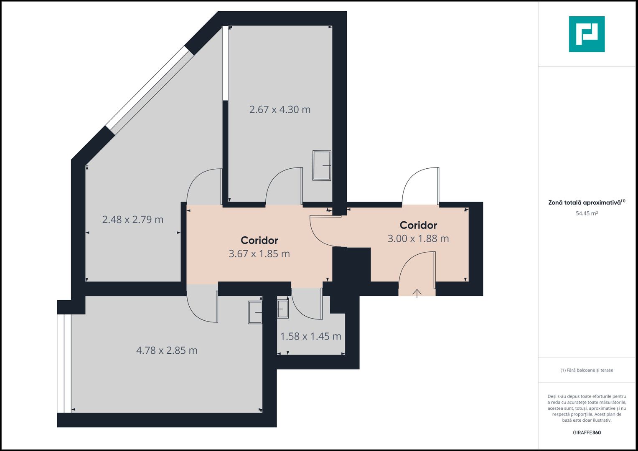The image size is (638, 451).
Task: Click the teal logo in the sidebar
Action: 587,34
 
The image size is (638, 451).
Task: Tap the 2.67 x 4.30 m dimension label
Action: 280,109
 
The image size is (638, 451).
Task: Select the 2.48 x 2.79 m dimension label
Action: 133,220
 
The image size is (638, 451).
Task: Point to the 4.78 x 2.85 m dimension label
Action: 167,350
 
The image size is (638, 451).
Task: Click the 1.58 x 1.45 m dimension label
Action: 311,336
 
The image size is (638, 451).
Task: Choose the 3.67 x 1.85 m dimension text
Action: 259,254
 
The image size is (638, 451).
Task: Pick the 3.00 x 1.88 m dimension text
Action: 418,238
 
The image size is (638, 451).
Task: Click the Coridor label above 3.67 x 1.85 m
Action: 259,240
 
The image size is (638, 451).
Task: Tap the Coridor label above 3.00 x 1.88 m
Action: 418,225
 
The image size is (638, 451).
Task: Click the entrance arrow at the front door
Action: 417,293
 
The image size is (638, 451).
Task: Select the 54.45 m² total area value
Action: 587,213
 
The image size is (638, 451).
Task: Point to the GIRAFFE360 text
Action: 587,433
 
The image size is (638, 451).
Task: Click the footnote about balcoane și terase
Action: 587,370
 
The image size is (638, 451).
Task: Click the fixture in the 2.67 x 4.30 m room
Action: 322,165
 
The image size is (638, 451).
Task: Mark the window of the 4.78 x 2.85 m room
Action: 64,364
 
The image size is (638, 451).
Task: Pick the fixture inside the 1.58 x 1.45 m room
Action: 283,309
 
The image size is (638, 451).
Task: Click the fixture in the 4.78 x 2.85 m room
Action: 255,312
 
